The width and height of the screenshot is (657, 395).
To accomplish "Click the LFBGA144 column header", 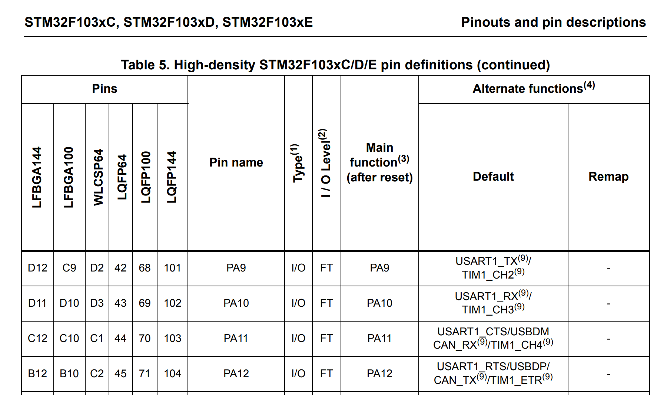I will [37, 177].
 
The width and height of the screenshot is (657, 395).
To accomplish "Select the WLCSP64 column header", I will [98, 177].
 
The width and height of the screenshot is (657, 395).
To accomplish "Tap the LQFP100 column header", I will [146, 177].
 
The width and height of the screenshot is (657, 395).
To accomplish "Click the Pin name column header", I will [236, 162].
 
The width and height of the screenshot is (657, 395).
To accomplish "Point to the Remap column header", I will [608, 177].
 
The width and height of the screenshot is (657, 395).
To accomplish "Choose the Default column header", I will [493, 177].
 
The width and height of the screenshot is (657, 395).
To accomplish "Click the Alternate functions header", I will [534, 89].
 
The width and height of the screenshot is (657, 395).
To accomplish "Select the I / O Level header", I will [325, 163].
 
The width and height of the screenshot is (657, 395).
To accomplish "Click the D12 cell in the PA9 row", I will [37, 268].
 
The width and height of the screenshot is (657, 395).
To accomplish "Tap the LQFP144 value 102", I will [172, 303].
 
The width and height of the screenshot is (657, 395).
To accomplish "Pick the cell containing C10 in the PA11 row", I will [69, 338].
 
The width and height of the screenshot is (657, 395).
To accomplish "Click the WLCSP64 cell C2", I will [97, 373].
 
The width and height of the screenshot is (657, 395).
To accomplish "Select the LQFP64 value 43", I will [120, 303].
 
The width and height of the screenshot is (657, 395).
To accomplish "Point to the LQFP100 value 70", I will [145, 338].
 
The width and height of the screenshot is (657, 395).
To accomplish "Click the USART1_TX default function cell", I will [493, 268].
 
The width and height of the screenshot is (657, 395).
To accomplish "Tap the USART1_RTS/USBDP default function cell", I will [493, 373].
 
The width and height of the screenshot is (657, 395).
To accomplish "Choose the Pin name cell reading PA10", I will [236, 303].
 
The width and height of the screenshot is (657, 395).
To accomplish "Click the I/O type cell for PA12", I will [298, 373].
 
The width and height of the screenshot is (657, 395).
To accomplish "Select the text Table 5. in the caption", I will [145, 65].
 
